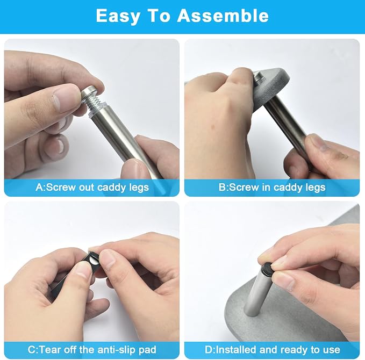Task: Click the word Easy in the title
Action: coord(118,16)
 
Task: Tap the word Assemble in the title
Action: coord(223,16)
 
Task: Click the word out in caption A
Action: coord(87,188)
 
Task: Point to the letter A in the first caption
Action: coord(39,188)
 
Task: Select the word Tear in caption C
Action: coord(51,350)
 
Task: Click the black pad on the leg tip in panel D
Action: coord(267,268)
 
